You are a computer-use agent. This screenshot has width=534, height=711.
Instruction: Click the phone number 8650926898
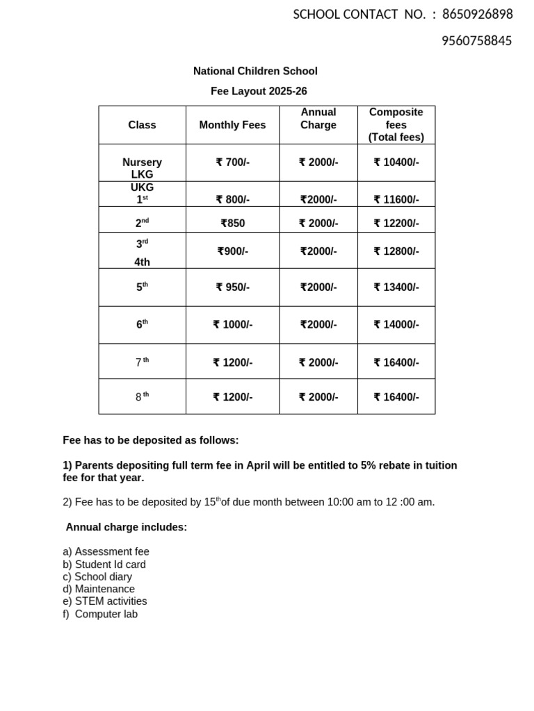pyautogui.click(x=477, y=15)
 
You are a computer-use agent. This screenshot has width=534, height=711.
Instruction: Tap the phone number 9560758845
pyautogui.click(x=477, y=41)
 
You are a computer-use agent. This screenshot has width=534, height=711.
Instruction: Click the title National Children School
pyautogui.click(x=255, y=71)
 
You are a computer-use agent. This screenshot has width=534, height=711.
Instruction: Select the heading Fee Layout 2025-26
pyautogui.click(x=259, y=91)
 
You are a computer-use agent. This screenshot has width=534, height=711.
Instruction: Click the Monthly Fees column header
pyautogui.click(x=232, y=125)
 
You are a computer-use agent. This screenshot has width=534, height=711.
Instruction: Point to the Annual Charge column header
pyautogui.click(x=318, y=119)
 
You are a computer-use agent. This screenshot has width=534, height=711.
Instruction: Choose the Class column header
pyautogui.click(x=142, y=125)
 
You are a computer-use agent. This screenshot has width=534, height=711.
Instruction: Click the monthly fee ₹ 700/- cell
pyautogui.click(x=232, y=162)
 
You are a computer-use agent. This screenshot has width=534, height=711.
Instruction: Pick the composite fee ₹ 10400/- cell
pyautogui.click(x=396, y=162)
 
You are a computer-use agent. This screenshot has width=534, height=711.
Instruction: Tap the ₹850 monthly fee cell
pyautogui.click(x=232, y=224)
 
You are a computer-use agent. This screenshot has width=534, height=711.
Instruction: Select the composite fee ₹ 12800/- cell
pyautogui.click(x=396, y=251)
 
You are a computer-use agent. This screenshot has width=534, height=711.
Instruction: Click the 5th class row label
pyautogui.click(x=142, y=287)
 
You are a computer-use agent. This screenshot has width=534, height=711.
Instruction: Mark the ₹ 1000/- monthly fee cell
pyautogui.click(x=232, y=324)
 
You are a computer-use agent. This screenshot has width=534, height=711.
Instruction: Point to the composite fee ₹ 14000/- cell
pyautogui.click(x=396, y=324)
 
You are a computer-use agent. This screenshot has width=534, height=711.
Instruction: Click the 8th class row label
pyautogui.click(x=142, y=396)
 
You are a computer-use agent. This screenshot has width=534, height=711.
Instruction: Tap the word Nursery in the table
pyautogui.click(x=142, y=162)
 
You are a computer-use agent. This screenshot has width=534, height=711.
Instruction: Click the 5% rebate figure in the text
pyautogui.click(x=369, y=465)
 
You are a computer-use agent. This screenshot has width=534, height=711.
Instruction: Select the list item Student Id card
pyautogui.click(x=110, y=564)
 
